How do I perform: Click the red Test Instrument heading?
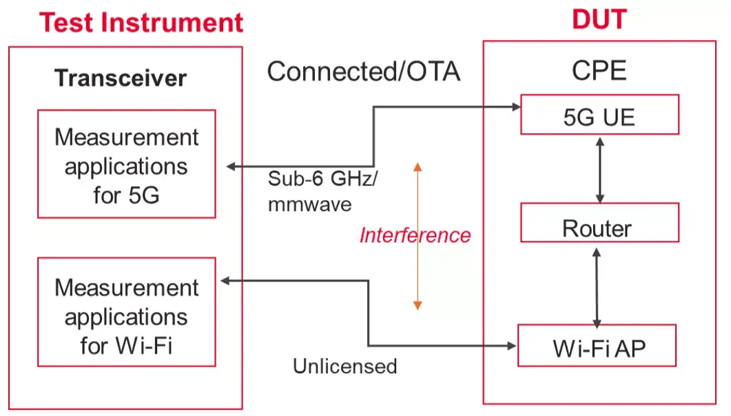pos(141,22)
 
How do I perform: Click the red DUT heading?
pos(599,20)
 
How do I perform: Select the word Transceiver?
pos(121,78)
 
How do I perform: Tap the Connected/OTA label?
pos(363,71)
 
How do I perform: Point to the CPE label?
pos(599,70)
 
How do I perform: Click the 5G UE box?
pos(599,116)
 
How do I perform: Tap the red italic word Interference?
pos(415,235)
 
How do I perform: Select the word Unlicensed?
pos(345,366)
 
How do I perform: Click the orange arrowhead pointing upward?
pos(418,166)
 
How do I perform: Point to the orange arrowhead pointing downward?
pos(418,304)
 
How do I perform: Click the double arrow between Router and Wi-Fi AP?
pos(597,285)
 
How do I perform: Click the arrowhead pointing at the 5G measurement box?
pos(231,166)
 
